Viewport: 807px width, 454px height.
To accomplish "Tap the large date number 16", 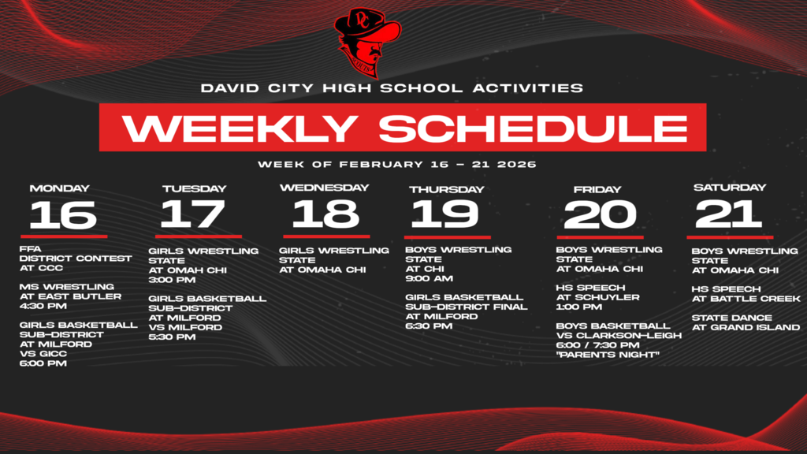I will click(63, 214).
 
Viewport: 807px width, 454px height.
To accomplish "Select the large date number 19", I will click(444, 214).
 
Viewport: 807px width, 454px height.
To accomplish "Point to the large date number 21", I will click(729, 214).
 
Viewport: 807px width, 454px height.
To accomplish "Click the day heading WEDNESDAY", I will click(325, 188).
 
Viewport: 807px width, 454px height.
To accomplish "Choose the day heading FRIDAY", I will click(598, 189).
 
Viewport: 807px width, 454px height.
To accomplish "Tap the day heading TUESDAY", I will click(194, 189).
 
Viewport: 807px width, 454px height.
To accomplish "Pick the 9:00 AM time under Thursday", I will click(429, 278).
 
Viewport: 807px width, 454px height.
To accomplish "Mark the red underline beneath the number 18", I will click(326, 236).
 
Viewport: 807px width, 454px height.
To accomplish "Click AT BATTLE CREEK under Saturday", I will click(746, 299).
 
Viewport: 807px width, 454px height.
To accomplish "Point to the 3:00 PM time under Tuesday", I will click(173, 279).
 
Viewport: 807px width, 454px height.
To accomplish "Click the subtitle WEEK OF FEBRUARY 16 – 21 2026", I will click(396, 165).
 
